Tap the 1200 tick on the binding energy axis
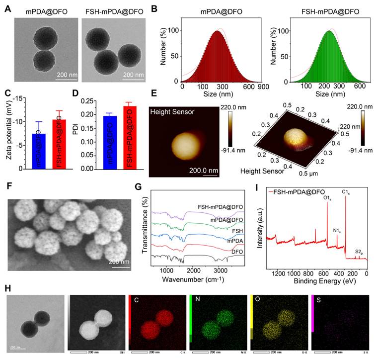[279, 273]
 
